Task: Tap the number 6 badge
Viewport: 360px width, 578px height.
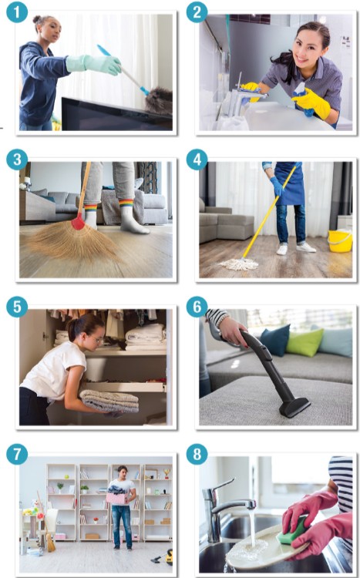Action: pos(197,307)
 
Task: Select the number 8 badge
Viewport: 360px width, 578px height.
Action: pos(197,454)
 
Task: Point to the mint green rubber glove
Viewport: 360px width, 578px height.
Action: pos(93,65)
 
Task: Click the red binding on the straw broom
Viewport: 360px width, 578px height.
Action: pos(78,222)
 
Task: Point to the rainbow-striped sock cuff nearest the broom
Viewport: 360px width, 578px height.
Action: pos(91,208)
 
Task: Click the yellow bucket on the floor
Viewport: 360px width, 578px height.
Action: pos(340,240)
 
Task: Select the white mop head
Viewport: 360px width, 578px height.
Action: pos(239,264)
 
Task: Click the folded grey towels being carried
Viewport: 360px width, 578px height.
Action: pos(109,401)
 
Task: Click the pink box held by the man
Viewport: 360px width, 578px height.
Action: pos(117,498)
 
